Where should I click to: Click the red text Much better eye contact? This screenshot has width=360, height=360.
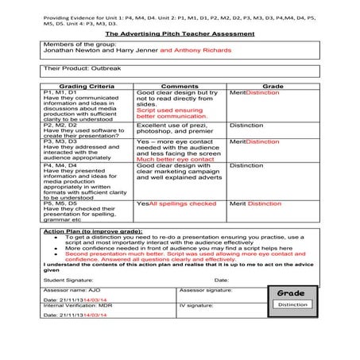tap(169, 159)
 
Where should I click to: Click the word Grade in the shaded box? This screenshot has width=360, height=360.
tap(292, 293)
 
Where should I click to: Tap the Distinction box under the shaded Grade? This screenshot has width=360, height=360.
tap(292, 305)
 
